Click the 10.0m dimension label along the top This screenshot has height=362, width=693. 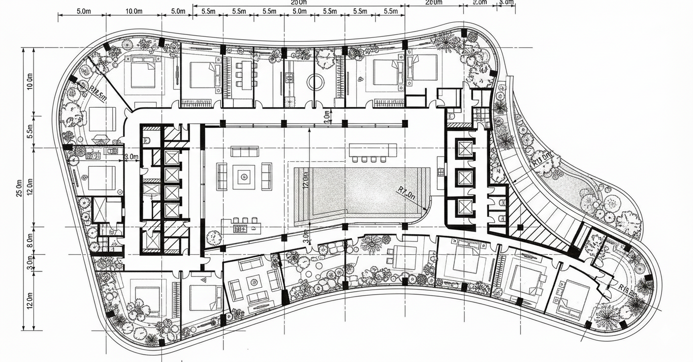click(134, 11)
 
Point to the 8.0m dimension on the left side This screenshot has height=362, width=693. click(30, 240)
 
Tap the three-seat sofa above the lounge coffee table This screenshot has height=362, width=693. click(245, 151)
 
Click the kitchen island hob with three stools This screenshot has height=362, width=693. click(241, 227)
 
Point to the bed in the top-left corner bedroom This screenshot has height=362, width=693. click(143, 72)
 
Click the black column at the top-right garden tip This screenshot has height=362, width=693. click(464, 33)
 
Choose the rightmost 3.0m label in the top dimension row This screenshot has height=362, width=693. click(505, 2)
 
